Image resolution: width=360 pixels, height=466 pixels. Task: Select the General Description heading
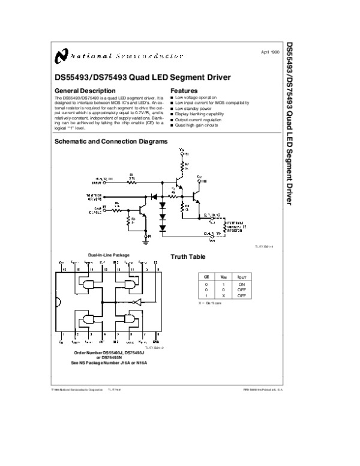[x=83, y=91]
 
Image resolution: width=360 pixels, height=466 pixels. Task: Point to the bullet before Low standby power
[x=172, y=107]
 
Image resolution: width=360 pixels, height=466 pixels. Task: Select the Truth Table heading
[x=188, y=256]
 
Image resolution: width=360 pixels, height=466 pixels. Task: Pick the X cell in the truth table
[x=223, y=295]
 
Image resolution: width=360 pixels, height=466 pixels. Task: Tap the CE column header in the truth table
[x=206, y=276]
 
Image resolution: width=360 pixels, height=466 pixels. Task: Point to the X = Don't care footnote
[x=210, y=303]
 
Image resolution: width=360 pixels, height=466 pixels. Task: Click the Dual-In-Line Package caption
[x=109, y=255]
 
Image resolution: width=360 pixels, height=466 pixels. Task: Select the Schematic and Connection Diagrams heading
[x=111, y=142]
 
